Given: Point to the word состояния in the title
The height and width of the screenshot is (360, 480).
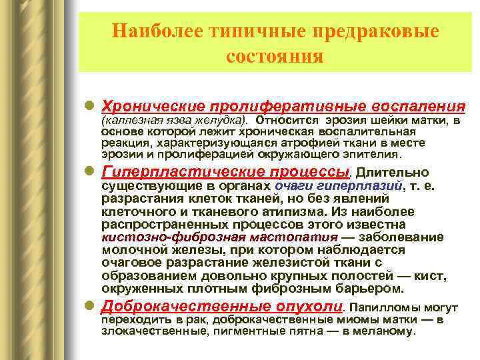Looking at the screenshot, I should click(x=275, y=56).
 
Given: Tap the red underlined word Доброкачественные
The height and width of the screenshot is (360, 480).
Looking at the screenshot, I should click(x=183, y=307).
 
